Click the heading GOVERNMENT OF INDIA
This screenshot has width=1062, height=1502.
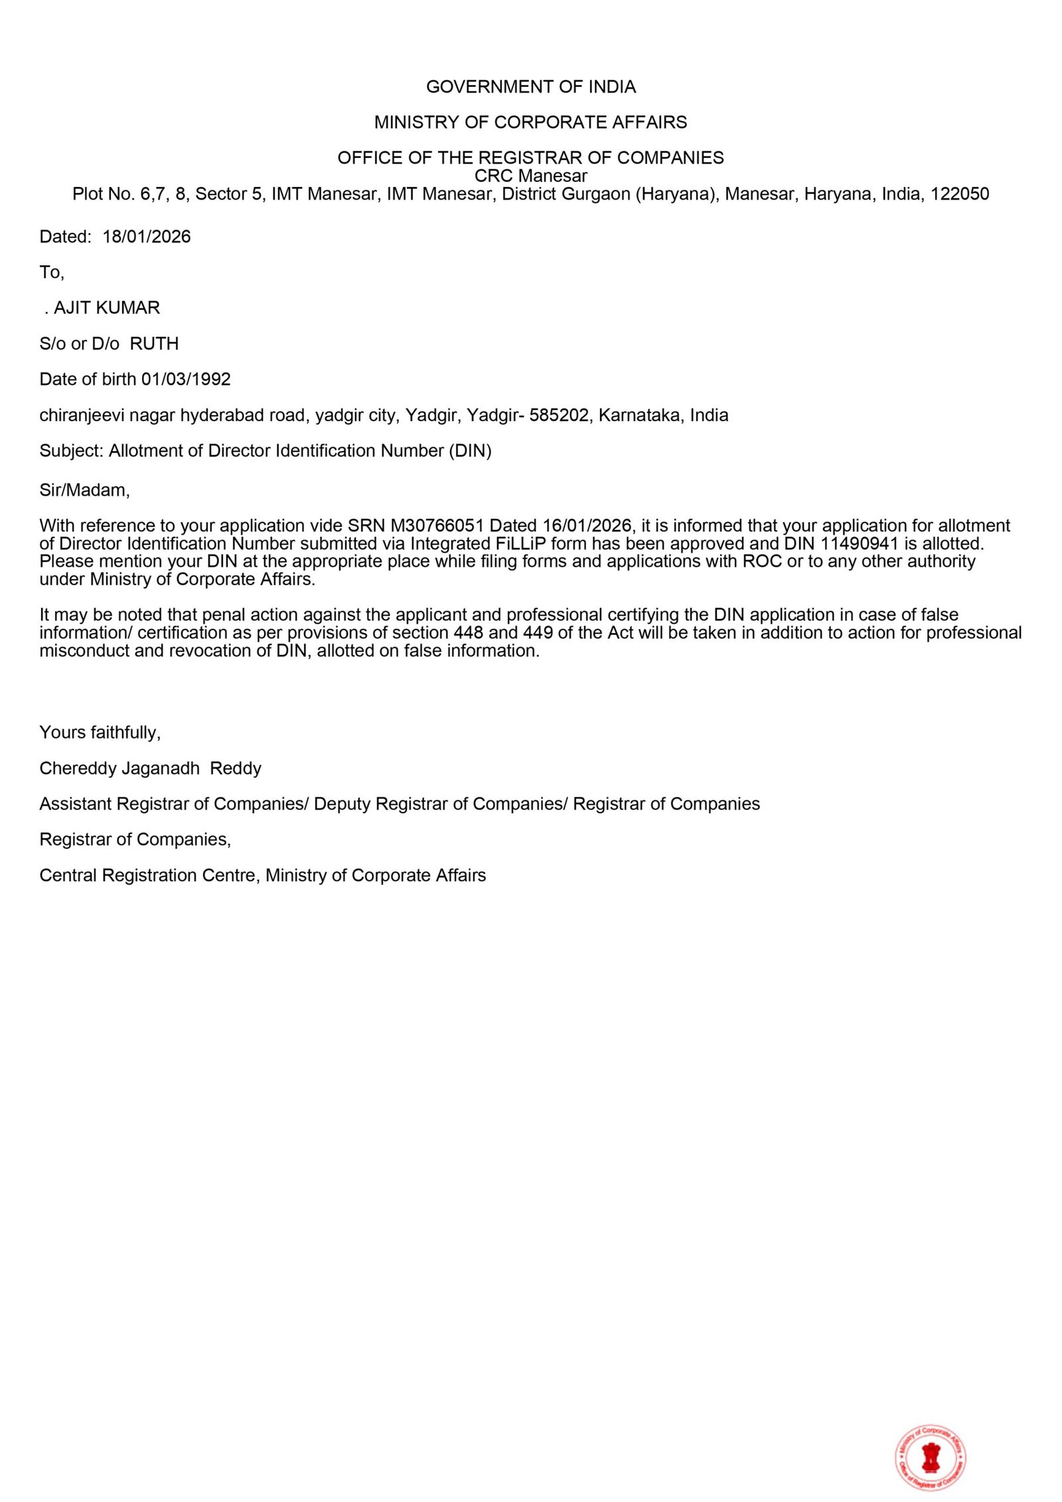click(530, 87)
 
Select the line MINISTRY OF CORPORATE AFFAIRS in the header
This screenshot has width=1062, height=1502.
click(530, 122)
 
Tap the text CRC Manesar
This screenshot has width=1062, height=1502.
click(530, 176)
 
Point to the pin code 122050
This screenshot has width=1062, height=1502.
click(960, 194)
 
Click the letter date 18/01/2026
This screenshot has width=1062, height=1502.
click(146, 237)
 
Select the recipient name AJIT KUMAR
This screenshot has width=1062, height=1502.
click(107, 308)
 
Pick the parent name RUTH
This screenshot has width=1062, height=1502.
click(154, 344)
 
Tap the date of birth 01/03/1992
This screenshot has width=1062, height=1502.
click(186, 379)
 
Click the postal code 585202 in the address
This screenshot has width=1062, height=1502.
click(559, 415)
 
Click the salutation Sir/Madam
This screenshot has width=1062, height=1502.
click(84, 490)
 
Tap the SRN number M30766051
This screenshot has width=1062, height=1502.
click(437, 525)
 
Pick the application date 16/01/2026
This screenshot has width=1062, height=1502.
click(587, 525)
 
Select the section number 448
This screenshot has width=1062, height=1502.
click(468, 633)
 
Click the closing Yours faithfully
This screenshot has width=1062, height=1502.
click(100, 732)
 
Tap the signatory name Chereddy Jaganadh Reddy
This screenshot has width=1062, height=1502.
click(150, 768)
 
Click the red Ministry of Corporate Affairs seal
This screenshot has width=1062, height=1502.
click(931, 1458)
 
